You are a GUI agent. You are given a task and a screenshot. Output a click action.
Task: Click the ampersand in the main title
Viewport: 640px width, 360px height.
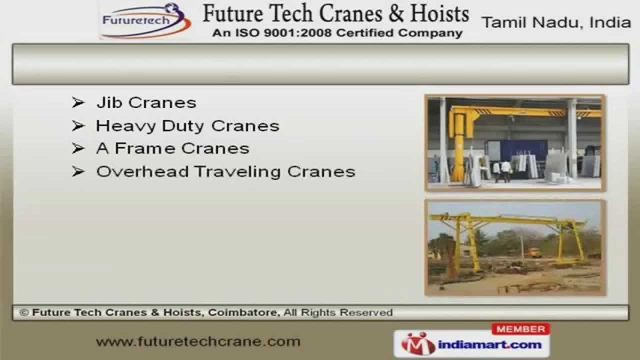[x=395, y=14]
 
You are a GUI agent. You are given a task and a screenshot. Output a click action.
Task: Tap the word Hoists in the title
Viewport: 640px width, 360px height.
[x=439, y=14]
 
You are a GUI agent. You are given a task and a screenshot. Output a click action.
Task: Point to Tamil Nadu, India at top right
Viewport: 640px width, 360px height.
[x=555, y=22]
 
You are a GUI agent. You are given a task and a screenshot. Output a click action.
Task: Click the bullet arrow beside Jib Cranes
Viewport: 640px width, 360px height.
[x=77, y=103]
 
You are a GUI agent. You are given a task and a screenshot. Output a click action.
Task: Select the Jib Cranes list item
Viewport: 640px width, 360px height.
[x=146, y=103]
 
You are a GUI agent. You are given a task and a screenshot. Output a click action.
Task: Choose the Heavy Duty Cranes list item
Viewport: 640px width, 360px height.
[x=187, y=126]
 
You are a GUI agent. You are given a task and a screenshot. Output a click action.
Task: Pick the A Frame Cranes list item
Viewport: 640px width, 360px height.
[x=172, y=148]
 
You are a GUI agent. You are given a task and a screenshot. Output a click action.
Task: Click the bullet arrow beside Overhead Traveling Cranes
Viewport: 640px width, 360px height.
[x=77, y=172]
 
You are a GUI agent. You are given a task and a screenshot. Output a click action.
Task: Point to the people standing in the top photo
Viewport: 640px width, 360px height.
[x=501, y=170]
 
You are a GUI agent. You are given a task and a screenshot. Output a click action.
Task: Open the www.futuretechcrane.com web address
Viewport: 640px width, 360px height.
[x=198, y=342]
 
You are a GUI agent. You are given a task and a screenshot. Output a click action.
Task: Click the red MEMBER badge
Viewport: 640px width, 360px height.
[x=521, y=329]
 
